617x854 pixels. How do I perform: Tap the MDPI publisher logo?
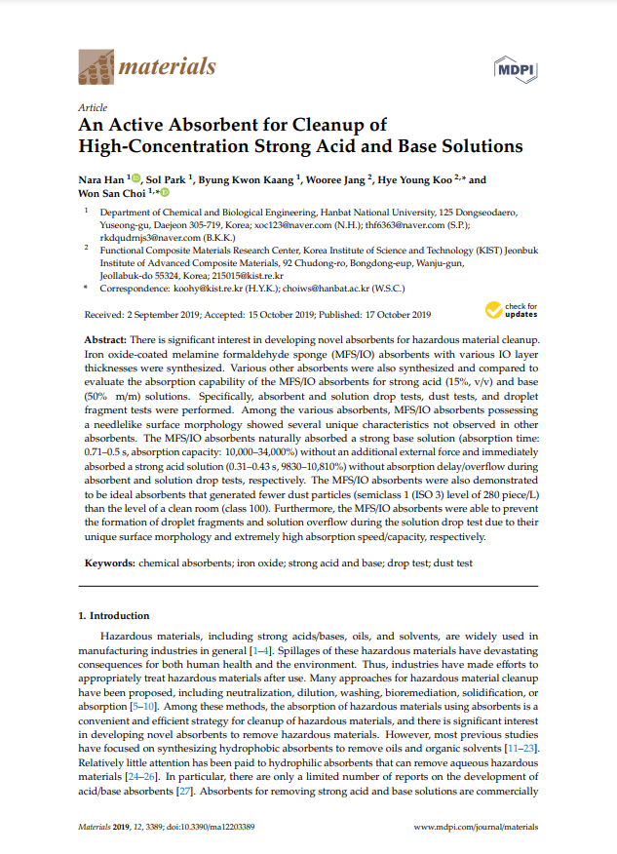[x=519, y=68]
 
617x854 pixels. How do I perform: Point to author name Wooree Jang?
[x=339, y=180]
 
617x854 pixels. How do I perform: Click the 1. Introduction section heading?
[x=113, y=616]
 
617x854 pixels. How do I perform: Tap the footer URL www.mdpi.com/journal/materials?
[x=476, y=826]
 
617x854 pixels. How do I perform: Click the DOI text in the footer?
[x=212, y=826]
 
